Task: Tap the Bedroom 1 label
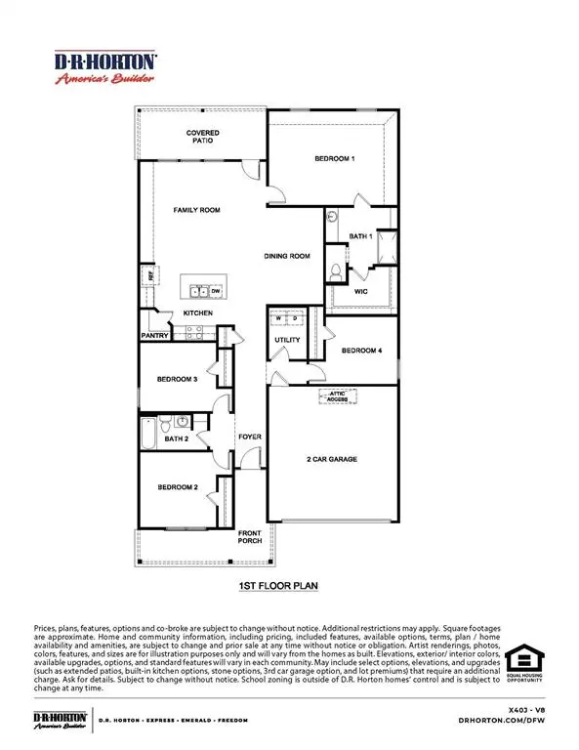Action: tap(334, 158)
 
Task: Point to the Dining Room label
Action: tap(286, 256)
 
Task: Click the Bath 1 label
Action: tap(361, 236)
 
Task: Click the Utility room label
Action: tap(286, 340)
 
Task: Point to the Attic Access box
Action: tap(338, 396)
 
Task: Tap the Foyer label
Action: tap(250, 437)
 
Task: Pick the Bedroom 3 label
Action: tap(176, 379)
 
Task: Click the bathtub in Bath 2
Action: tap(146, 431)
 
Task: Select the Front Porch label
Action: tap(253, 538)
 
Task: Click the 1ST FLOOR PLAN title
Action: tap(279, 587)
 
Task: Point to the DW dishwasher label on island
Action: tap(214, 291)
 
